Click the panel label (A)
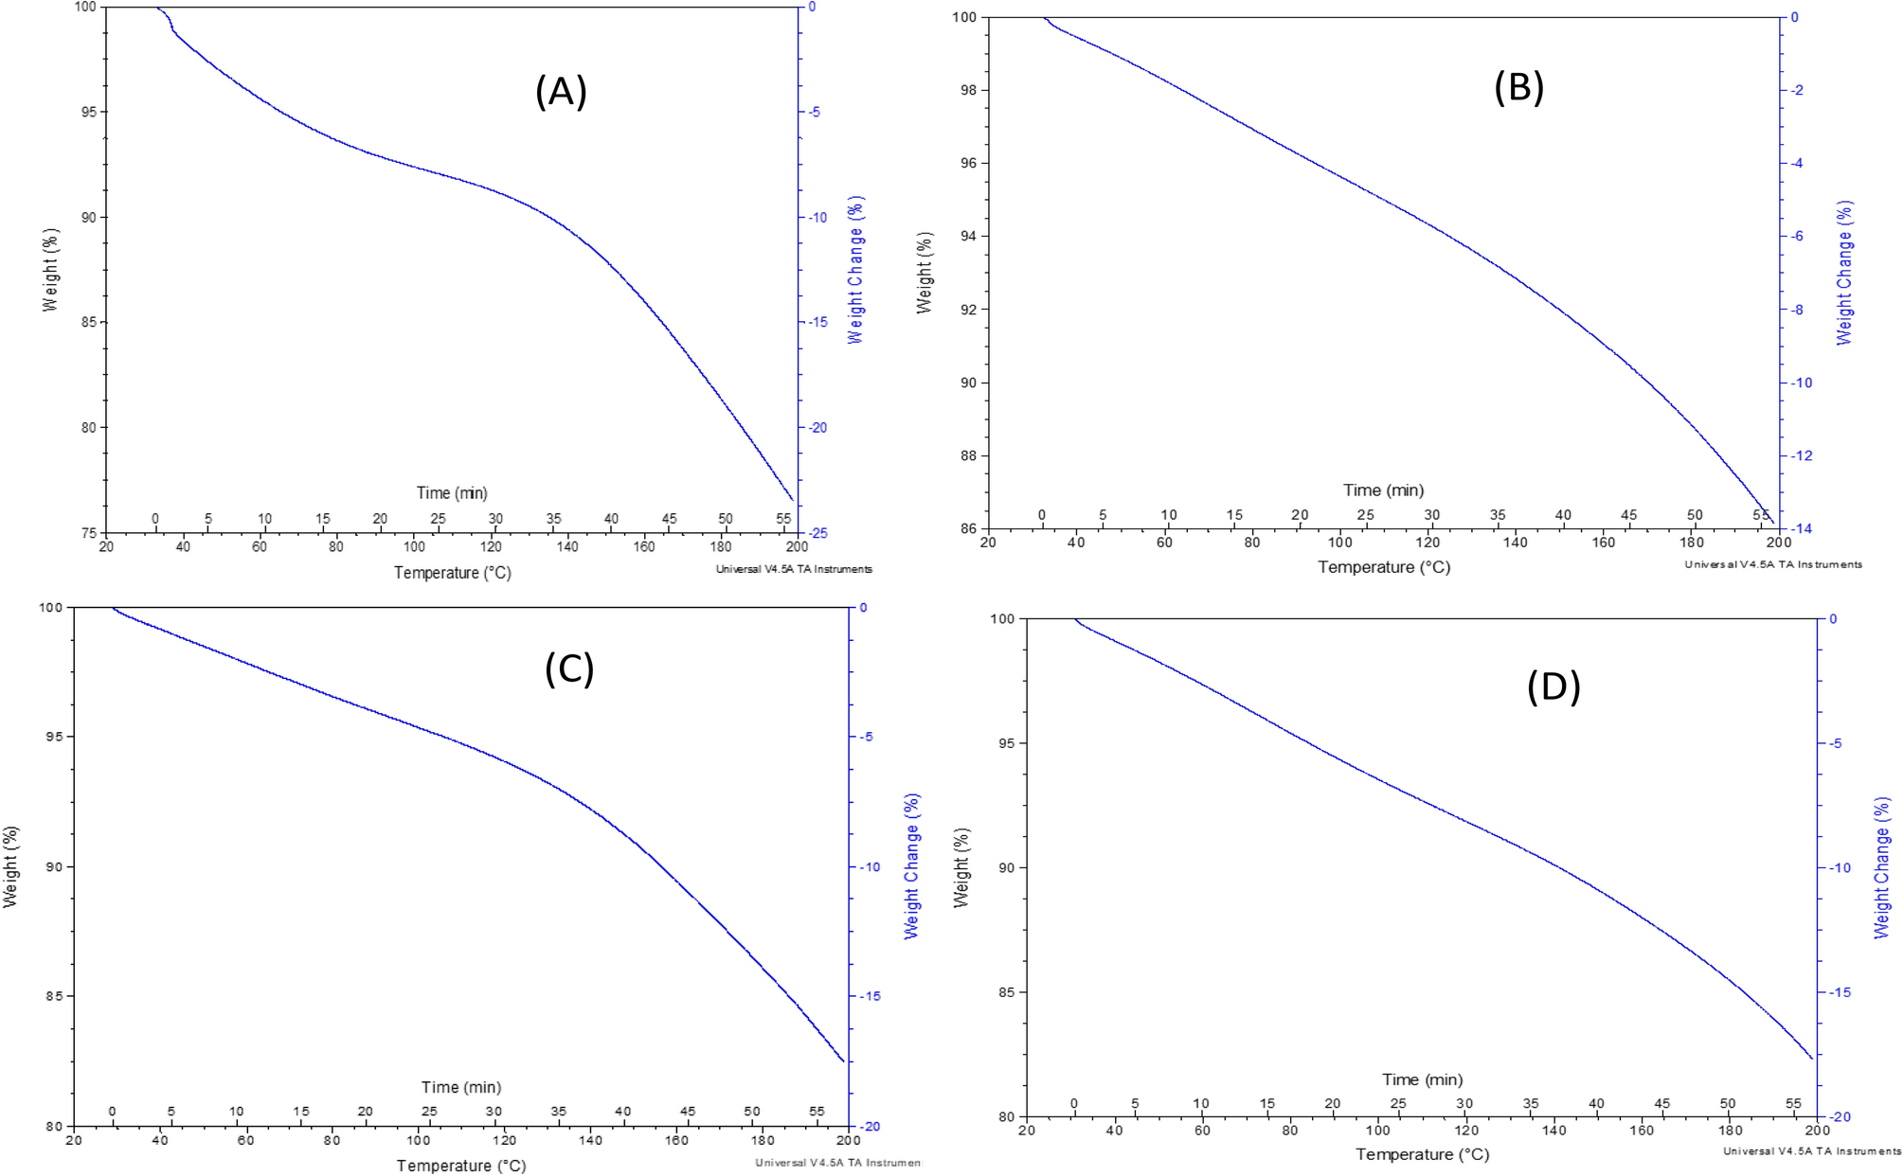561,93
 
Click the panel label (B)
1518,87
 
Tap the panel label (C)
569,668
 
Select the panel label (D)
1554,686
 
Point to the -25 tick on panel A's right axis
817,533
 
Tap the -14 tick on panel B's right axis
1801,528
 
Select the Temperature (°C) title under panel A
452,573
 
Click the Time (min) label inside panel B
1383,490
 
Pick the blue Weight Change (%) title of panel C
911,866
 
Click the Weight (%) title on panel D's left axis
961,867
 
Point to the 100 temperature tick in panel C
418,1140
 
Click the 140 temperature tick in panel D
1554,1130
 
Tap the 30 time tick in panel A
495,519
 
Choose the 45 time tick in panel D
1662,1103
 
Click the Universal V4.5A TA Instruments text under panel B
1772,564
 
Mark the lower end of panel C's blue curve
843,1061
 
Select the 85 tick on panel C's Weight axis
55,996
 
